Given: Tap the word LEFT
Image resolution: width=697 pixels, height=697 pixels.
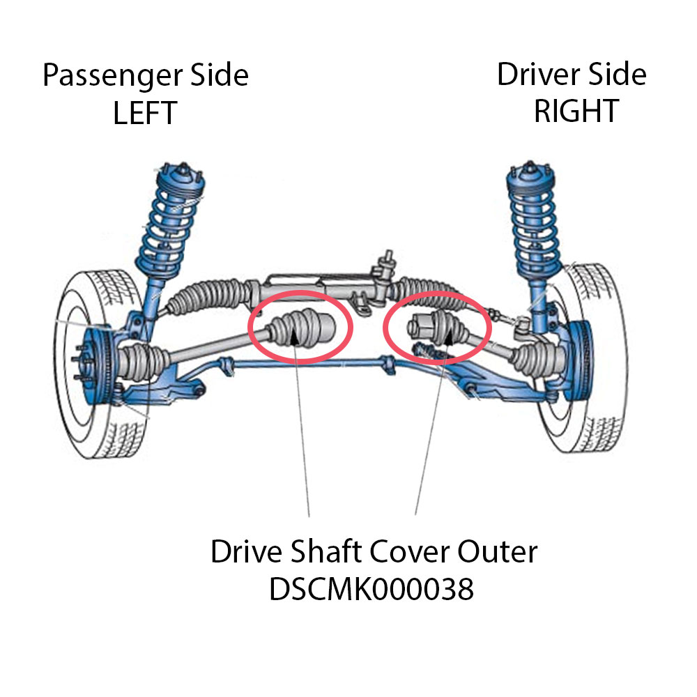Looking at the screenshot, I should point(145,113).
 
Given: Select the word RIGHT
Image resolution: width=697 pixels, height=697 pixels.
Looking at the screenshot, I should point(576,112).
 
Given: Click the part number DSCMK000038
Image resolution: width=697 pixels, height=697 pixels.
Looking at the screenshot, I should point(372,590).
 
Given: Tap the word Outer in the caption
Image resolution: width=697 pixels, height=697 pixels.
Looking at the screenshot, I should point(498,553).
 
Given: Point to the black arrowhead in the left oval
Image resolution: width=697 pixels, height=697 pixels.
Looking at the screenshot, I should point(295,337).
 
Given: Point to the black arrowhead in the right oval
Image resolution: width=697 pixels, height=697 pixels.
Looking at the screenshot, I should point(450,337).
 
